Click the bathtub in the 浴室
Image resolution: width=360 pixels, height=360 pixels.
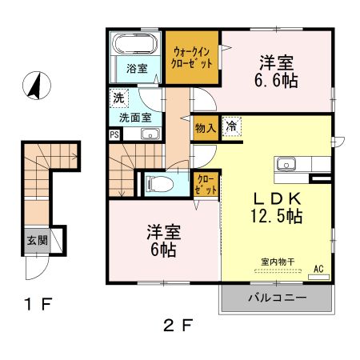click(134, 44)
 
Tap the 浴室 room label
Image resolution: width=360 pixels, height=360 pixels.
click(137, 69)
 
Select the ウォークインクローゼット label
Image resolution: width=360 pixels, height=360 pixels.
click(191, 58)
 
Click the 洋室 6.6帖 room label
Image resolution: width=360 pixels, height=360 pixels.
click(276, 71)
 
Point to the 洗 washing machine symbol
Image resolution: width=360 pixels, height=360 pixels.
click(118, 98)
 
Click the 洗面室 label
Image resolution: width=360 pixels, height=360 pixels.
click(135, 118)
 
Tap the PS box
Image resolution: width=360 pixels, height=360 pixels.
click(114, 134)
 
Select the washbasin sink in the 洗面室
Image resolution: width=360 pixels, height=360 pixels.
click(150, 134)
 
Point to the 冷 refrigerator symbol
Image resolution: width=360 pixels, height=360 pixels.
click(231, 126)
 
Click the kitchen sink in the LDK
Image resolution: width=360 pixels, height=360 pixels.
click(286, 163)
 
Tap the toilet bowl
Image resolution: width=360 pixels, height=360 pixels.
click(160, 184)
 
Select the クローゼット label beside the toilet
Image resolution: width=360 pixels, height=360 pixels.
click(206, 185)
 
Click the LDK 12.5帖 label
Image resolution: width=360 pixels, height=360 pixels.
click(277, 207)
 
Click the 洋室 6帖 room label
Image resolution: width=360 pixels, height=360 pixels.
click(164, 241)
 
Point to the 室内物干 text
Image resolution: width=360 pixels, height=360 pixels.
click(278, 262)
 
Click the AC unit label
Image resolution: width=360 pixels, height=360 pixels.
click(318, 269)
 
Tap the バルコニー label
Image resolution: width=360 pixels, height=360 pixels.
click(278, 298)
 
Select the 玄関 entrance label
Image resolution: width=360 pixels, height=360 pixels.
click(38, 241)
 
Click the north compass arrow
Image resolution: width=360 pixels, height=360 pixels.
click(36, 86)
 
